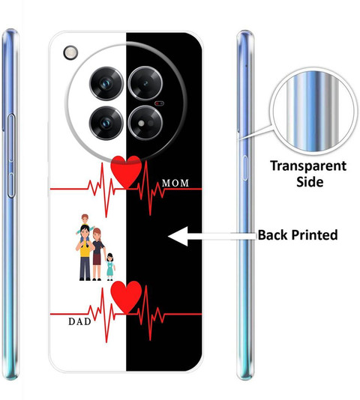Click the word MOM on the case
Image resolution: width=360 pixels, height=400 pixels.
(175, 183)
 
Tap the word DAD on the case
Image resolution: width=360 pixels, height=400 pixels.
(79, 321)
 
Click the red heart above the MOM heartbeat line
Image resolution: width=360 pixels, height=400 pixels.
(126, 172)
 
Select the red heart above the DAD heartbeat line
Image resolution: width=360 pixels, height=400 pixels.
(126, 297)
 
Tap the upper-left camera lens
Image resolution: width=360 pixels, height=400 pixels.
(106, 83)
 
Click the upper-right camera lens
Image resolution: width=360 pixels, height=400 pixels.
(145, 83)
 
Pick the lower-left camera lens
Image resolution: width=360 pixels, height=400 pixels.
(106, 123)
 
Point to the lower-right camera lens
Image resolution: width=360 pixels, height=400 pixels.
(145, 123)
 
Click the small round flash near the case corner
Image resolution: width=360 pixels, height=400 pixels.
(70, 52)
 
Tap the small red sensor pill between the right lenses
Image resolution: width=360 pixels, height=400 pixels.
(159, 103)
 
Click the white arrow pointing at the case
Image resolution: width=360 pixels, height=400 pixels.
(212, 236)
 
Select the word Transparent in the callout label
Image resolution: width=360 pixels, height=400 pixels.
(308, 166)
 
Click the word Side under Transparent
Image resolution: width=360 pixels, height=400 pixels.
(310, 181)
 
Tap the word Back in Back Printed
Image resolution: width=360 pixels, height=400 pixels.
(272, 234)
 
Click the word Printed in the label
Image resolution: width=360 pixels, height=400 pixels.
(314, 235)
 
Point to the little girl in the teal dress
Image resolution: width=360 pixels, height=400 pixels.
(110, 267)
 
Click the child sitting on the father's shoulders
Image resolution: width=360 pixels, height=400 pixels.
(85, 225)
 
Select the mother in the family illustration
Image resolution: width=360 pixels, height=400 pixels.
(98, 254)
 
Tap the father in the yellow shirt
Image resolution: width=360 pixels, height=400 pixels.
(85, 255)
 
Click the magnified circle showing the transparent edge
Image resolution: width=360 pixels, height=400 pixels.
(313, 111)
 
